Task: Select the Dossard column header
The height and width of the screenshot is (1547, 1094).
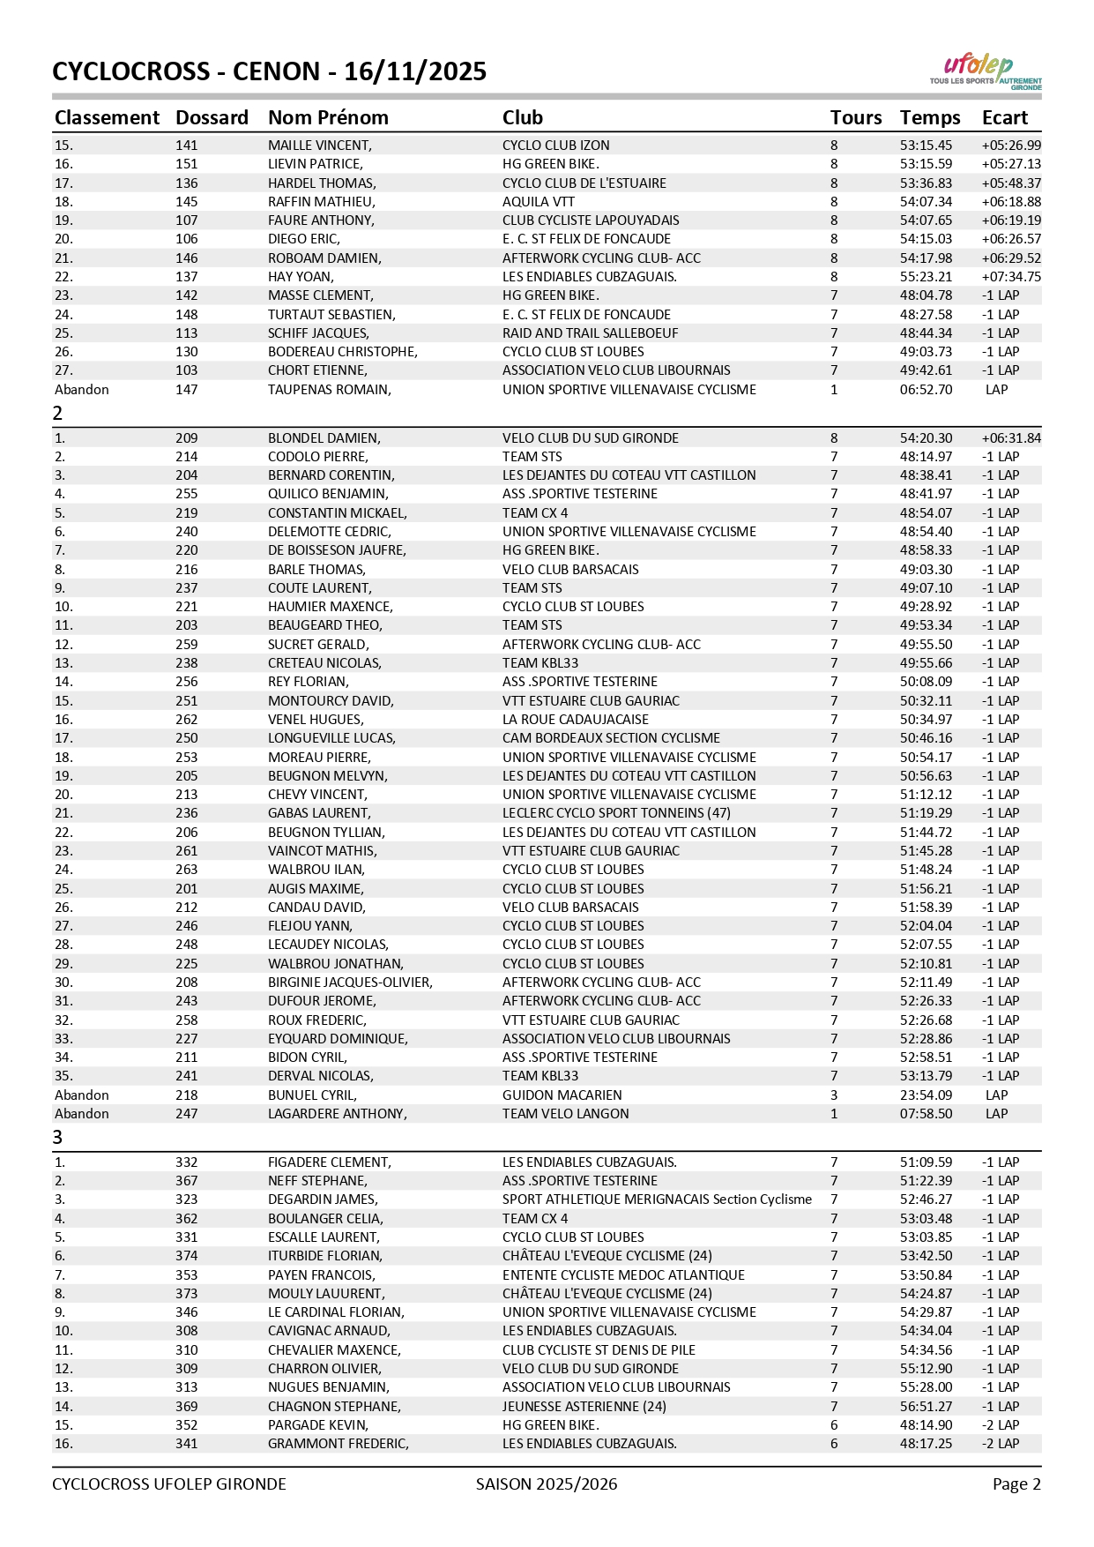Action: [x=212, y=118]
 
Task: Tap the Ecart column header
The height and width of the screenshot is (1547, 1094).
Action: [x=1005, y=118]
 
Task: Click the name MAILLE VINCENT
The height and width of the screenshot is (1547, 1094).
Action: [x=319, y=146]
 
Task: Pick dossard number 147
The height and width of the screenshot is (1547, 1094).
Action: [x=186, y=390]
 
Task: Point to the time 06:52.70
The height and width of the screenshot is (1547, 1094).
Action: [x=926, y=390]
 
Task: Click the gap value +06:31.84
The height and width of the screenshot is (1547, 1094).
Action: [x=1010, y=438]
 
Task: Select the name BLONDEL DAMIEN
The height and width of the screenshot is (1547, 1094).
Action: [x=324, y=438]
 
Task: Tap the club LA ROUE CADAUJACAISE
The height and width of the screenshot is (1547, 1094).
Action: [x=575, y=720]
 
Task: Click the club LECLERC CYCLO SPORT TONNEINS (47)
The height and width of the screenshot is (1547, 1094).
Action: [x=616, y=813]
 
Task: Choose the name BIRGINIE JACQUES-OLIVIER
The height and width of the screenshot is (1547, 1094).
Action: [x=350, y=983]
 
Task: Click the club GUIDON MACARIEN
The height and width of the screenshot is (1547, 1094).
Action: [x=562, y=1095]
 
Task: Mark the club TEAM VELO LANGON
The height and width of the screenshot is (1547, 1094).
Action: [x=565, y=1114]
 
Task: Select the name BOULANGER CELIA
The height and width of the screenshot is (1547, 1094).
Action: [x=325, y=1219]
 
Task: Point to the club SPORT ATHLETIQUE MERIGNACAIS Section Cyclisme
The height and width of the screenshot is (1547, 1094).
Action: [x=657, y=1199]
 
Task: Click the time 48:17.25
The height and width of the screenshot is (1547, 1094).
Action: [x=926, y=1444]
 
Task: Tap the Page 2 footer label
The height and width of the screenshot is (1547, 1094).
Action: [x=1016, y=1484]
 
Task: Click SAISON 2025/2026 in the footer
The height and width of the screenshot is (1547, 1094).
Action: [x=547, y=1484]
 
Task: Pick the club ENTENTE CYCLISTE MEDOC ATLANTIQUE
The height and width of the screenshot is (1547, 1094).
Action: [x=623, y=1275]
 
